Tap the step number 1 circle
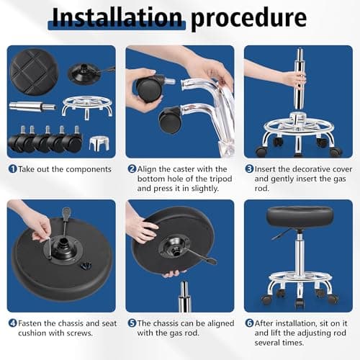click(12, 168)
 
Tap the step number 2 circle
click(132, 168)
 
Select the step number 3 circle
click(249, 168)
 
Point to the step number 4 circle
click(12, 323)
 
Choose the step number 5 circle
click(132, 323)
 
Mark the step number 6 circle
click(249, 323)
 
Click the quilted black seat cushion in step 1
click(33, 70)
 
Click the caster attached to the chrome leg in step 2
click(170, 120)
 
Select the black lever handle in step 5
click(198, 255)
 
